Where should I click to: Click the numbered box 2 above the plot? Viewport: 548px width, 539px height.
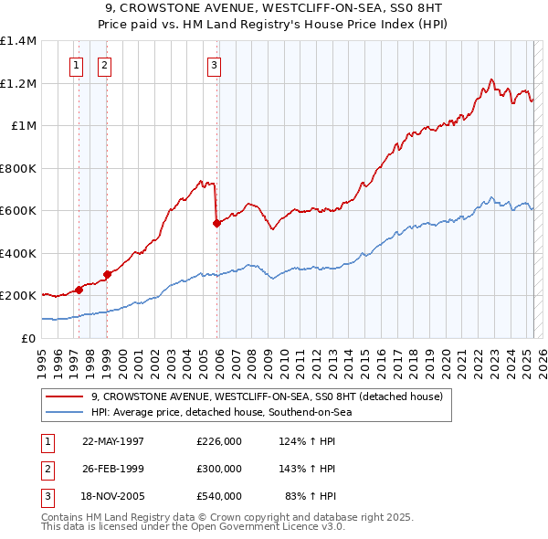(x=104, y=65)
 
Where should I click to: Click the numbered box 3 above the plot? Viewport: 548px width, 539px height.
(x=213, y=65)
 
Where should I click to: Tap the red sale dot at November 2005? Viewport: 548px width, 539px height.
(x=216, y=223)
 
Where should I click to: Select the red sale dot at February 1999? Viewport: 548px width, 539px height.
(x=108, y=273)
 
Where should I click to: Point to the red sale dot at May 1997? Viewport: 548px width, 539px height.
(x=79, y=290)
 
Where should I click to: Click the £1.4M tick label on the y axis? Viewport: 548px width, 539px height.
(x=18, y=41)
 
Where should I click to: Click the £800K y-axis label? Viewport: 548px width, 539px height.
(x=18, y=168)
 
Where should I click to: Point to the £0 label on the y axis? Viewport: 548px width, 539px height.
(x=27, y=338)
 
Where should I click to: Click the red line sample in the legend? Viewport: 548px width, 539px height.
(x=65, y=396)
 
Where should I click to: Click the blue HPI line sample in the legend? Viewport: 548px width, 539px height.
(x=65, y=412)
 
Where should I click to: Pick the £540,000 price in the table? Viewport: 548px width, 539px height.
(x=219, y=496)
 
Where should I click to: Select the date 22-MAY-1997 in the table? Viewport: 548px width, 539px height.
(x=113, y=441)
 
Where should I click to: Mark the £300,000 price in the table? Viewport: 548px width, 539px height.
(x=219, y=469)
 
